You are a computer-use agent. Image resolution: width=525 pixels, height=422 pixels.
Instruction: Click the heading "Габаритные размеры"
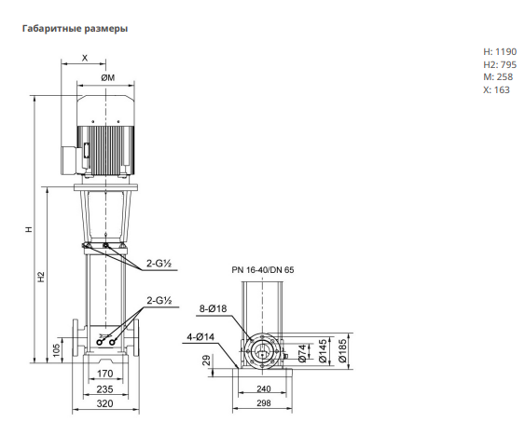tap(75, 29)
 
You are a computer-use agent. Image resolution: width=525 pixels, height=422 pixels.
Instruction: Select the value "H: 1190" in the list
tap(500, 52)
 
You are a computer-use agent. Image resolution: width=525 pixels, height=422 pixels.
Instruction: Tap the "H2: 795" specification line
tap(500, 64)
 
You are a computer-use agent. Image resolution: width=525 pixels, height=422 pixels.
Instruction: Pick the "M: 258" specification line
tap(498, 77)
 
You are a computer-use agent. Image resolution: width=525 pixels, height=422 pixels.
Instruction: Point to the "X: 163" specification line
tap(496, 90)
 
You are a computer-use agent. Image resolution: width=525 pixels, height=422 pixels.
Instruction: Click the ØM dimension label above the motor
tap(108, 77)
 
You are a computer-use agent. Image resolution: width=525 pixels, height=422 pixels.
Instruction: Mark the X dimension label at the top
tap(85, 58)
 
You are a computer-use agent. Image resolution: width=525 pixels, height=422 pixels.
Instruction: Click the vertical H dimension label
tap(30, 229)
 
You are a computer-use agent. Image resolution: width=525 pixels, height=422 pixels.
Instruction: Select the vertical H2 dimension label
tap(41, 278)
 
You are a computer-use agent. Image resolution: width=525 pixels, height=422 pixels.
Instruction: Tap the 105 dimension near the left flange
tap(57, 349)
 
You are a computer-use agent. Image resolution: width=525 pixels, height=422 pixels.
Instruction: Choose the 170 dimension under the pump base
tap(104, 374)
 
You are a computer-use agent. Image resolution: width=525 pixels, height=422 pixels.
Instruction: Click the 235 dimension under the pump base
tap(104, 389)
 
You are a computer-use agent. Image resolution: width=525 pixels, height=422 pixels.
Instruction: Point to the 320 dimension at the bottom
tap(104, 403)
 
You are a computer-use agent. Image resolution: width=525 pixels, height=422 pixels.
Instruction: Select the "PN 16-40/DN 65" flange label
tap(263, 270)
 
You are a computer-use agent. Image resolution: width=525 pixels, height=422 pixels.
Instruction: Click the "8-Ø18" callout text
tap(213, 308)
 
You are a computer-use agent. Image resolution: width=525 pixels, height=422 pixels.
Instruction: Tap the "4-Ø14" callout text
tap(200, 337)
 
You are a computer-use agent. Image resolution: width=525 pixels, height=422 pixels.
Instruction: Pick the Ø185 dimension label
tap(342, 351)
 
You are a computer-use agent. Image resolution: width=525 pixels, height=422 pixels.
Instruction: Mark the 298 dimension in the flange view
tap(264, 403)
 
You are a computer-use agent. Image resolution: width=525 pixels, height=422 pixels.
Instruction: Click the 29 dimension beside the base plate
tap(207, 361)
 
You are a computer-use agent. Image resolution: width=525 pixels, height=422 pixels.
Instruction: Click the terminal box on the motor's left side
tap(70, 160)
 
